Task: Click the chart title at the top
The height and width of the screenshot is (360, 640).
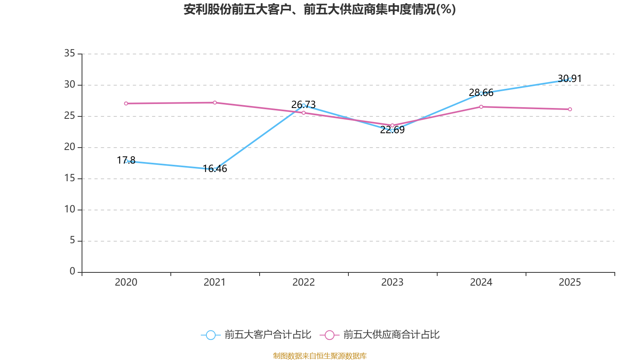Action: coord(320,10)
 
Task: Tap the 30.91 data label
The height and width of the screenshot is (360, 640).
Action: coord(570,78)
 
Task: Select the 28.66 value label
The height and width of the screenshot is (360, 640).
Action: coord(481,92)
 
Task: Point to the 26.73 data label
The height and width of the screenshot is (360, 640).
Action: coord(304,104)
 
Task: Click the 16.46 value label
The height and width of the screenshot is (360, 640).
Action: coord(215,168)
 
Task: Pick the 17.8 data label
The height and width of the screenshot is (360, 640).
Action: coord(126,160)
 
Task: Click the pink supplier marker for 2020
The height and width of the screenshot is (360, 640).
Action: coord(126,104)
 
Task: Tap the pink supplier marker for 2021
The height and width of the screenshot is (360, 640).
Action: coord(215,102)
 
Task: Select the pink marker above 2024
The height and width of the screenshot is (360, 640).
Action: coord(481,107)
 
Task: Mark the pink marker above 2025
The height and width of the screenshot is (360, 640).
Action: coord(570,109)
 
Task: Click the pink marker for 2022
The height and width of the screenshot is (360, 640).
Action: coord(304,113)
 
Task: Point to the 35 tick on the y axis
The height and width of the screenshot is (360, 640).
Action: coord(70,53)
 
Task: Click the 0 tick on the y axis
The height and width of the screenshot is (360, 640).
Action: coord(72,271)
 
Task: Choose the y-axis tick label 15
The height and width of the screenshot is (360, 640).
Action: coord(70,178)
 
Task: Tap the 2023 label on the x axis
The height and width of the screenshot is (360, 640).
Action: coord(392,282)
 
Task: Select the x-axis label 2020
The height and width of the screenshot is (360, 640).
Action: coord(126,282)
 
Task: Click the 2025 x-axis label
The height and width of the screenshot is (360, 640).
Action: coord(570,282)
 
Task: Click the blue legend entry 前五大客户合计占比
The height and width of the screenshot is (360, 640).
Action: coord(256,334)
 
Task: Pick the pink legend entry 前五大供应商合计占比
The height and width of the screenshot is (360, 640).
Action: coord(380,334)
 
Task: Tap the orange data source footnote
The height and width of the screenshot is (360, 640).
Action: coord(320,356)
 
